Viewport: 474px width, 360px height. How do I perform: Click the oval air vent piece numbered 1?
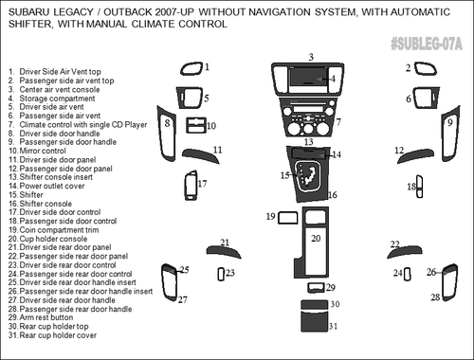[190, 68]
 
